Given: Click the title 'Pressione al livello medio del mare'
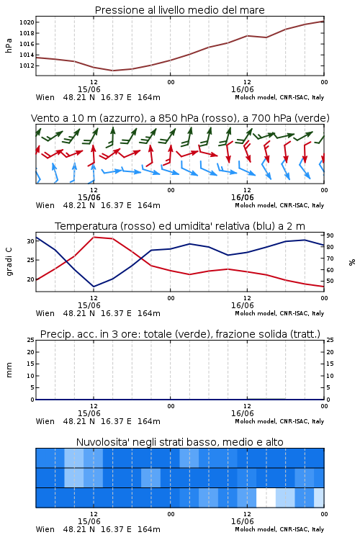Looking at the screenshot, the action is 179,10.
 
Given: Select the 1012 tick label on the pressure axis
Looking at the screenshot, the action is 27,66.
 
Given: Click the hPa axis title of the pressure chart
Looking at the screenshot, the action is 9,45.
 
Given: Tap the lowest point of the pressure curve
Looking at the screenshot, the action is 112,71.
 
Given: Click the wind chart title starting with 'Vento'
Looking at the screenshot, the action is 180,118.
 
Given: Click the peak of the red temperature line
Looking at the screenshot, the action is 94,237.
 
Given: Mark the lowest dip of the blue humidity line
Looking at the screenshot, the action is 94,287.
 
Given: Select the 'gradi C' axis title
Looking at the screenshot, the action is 9,261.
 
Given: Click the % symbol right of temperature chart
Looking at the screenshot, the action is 352,262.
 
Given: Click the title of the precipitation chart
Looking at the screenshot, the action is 180,334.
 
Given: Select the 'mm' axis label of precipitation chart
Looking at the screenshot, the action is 9,370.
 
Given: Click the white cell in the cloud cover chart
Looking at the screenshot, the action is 266,498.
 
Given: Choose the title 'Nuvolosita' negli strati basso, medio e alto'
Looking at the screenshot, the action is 179,442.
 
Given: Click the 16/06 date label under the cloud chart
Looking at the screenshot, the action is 242,521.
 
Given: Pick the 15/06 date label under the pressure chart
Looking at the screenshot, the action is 89,89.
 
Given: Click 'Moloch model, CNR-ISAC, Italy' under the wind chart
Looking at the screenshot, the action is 279,205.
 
